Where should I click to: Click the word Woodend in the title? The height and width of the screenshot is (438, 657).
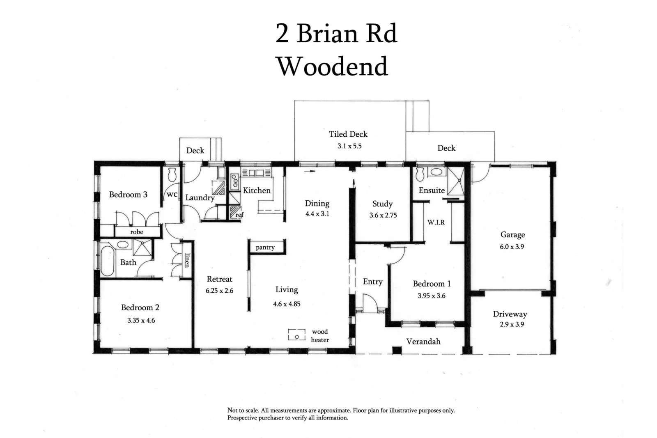[332, 66]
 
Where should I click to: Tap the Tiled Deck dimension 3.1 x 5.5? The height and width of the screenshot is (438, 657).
[349, 146]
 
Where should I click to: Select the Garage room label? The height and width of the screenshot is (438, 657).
[512, 235]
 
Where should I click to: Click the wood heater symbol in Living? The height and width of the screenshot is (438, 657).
[296, 334]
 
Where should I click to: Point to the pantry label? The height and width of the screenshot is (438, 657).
[265, 248]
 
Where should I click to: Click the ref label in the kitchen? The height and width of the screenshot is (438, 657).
[239, 215]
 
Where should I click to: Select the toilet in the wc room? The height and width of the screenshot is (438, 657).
[172, 174]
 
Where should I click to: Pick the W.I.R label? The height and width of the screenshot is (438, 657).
[436, 222]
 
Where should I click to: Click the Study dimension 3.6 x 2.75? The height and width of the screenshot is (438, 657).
[383, 215]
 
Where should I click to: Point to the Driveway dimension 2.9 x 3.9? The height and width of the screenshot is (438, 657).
[511, 324]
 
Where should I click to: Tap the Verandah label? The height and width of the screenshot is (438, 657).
[423, 342]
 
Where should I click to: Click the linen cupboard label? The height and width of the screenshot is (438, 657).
[187, 260]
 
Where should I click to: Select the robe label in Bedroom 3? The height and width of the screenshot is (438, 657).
[137, 232]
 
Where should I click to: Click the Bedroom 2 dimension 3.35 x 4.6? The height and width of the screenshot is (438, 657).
[141, 321]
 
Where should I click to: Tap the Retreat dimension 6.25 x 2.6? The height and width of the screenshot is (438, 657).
[219, 291]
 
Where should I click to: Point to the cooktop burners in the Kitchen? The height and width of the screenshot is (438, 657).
[234, 180]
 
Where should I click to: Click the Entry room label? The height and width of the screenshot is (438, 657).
[372, 282]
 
